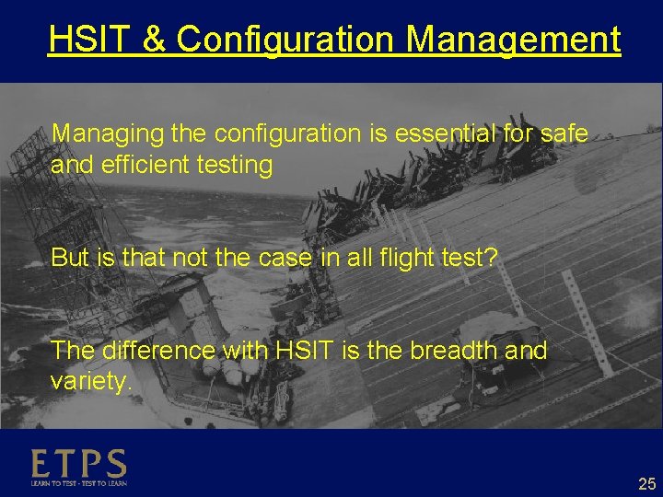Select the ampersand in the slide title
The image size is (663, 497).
(x=154, y=40)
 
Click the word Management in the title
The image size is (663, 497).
(x=513, y=40)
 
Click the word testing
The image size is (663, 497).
(x=235, y=166)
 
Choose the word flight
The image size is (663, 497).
(x=408, y=258)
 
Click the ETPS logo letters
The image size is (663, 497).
(x=78, y=463)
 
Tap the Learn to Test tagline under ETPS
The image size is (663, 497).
(x=78, y=482)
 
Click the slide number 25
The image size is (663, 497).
(x=646, y=483)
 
